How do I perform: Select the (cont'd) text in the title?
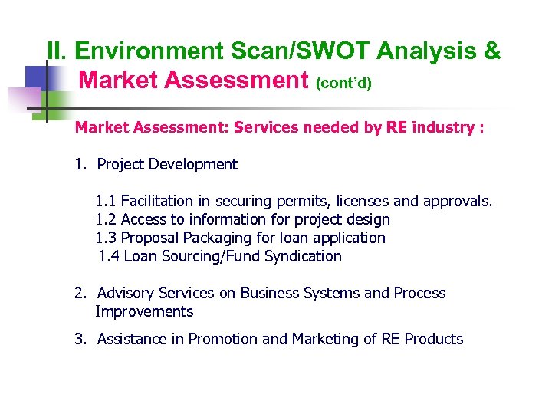tap(343, 82)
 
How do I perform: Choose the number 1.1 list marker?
tap(106, 201)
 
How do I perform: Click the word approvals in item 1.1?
tap(452, 201)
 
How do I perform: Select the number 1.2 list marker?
tap(106, 219)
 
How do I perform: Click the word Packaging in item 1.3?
tap(211, 238)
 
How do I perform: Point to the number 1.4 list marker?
tap(109, 256)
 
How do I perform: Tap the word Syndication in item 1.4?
tap(303, 256)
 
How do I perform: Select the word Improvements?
tap(144, 311)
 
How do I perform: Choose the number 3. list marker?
tap(80, 339)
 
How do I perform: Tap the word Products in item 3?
tap(434, 339)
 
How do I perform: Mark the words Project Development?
tap(167, 164)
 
